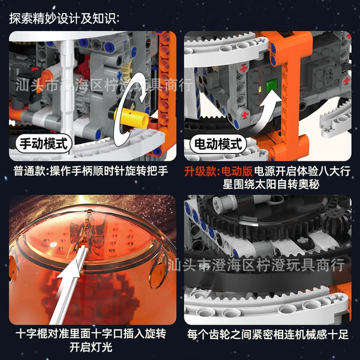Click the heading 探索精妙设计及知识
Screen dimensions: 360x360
pos(64,19)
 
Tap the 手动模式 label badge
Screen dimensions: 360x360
pos(44,144)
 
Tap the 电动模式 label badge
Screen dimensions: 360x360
pos(218,144)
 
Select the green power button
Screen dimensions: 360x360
pos(272,85)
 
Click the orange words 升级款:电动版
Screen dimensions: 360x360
pos(218,171)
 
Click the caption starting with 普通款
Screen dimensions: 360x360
pos(91,171)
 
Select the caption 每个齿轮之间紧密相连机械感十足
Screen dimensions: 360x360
pos(268,334)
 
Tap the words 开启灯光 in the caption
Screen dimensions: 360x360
pos(91,347)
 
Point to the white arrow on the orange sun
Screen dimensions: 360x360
pos(69,287)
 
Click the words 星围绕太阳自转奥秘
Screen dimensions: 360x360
pos(271,184)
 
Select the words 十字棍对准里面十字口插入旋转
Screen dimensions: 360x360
pos(91,334)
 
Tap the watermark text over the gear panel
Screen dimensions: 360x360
pos(256,265)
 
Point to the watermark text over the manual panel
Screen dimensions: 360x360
pos(104,85)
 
